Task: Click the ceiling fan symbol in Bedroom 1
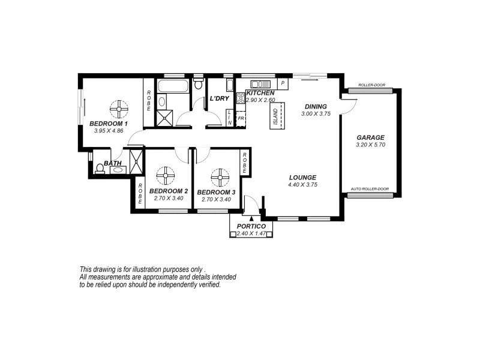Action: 119,109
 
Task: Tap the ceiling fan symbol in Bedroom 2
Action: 164,178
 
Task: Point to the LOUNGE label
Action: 302,177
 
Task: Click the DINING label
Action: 316,106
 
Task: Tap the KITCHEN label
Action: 260,94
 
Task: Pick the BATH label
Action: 113,163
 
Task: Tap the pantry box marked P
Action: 282,83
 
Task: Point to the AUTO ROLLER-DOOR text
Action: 369,188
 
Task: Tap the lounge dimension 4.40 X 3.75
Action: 302,185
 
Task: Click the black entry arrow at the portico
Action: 242,220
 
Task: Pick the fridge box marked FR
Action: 241,119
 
